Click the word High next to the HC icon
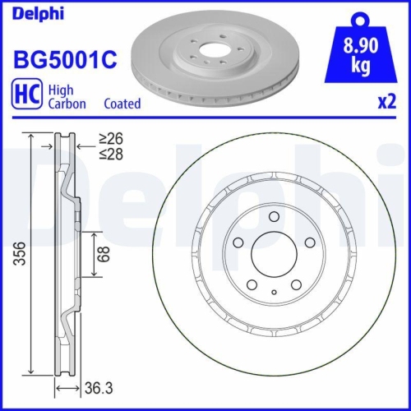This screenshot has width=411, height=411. pyautogui.click(x=62, y=89)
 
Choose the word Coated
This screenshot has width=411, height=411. pyautogui.click(x=122, y=104)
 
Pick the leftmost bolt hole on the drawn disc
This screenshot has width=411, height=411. pyautogui.click(x=237, y=243)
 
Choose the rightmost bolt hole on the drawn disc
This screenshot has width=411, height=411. pyautogui.click(x=309, y=243)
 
